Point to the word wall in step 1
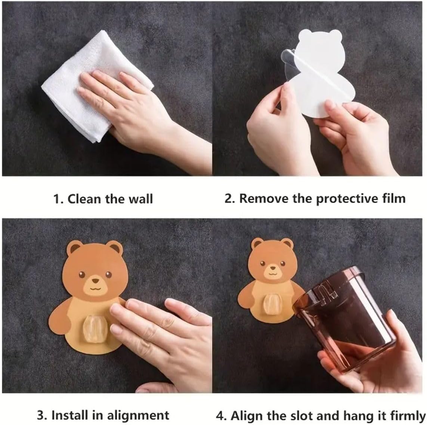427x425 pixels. (140, 199)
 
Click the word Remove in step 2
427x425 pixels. (264, 198)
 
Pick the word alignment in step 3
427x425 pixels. (138, 416)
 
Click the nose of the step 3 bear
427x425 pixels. (95, 280)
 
